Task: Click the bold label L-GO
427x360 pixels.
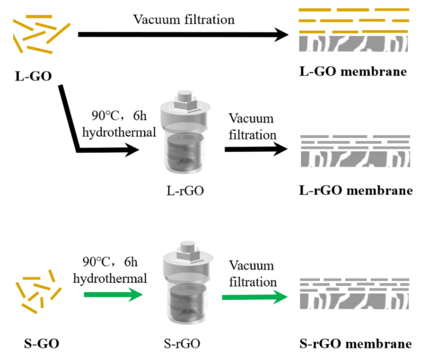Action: point(33,77)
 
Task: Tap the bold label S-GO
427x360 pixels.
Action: point(41,344)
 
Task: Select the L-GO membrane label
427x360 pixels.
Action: point(353,71)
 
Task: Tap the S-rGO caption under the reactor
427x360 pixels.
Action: point(184,344)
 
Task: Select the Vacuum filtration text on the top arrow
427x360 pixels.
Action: point(183,19)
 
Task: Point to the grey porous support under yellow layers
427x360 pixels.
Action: point(353,45)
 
